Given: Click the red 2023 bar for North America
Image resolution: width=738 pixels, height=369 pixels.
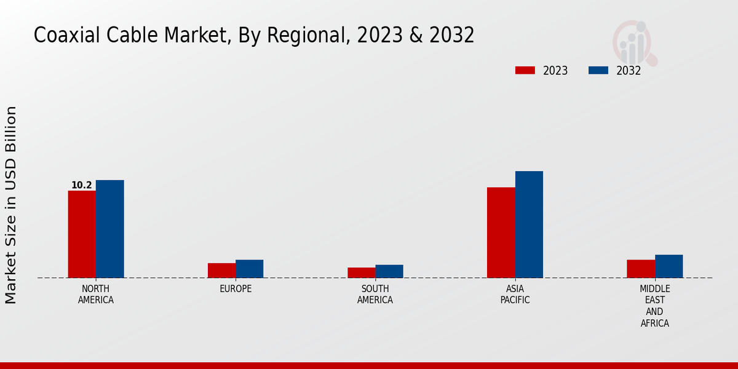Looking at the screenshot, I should pyautogui.click(x=82, y=234).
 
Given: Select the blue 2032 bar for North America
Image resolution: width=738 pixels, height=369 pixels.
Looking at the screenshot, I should pyautogui.click(x=110, y=229).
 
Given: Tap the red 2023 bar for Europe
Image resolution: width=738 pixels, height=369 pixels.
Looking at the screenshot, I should pyautogui.click(x=221, y=271).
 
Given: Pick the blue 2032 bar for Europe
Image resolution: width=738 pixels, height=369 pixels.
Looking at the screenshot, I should pyautogui.click(x=250, y=269).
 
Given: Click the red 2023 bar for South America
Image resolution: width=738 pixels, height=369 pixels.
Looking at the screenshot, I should pyautogui.click(x=361, y=272).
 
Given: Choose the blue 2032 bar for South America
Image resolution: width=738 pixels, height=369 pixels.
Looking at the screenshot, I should pyautogui.click(x=389, y=271).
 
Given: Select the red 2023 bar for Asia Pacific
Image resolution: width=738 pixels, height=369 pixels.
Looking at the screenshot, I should pyautogui.click(x=501, y=232).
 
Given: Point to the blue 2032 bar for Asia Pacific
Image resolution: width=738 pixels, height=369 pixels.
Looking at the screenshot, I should pyautogui.click(x=529, y=224).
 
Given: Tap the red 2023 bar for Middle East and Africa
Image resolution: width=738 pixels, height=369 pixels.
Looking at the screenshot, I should pyautogui.click(x=641, y=269).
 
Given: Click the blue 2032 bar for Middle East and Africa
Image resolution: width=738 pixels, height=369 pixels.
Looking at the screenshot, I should pyautogui.click(x=669, y=266).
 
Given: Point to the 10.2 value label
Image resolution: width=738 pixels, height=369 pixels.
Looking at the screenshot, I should pyautogui.click(x=82, y=185).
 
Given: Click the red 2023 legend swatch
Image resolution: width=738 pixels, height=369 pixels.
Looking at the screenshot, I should pyautogui.click(x=525, y=70).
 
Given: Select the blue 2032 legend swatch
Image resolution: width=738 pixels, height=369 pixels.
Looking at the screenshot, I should pyautogui.click(x=598, y=70).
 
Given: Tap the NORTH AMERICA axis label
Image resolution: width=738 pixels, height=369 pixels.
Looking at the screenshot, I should pyautogui.click(x=96, y=295).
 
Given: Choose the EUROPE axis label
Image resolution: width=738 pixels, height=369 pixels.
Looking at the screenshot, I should pyautogui.click(x=236, y=289).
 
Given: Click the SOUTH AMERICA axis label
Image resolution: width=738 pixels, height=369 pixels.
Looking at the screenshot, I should pyautogui.click(x=375, y=295).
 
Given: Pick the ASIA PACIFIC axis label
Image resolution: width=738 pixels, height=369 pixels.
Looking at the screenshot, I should pyautogui.click(x=515, y=295).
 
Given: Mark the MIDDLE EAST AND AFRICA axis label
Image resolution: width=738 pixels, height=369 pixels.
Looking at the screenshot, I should pyautogui.click(x=655, y=306).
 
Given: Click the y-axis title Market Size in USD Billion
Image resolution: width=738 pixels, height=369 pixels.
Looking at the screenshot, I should pyautogui.click(x=11, y=205).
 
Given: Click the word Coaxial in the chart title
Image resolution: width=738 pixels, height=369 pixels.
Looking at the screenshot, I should pyautogui.click(x=61, y=36).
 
